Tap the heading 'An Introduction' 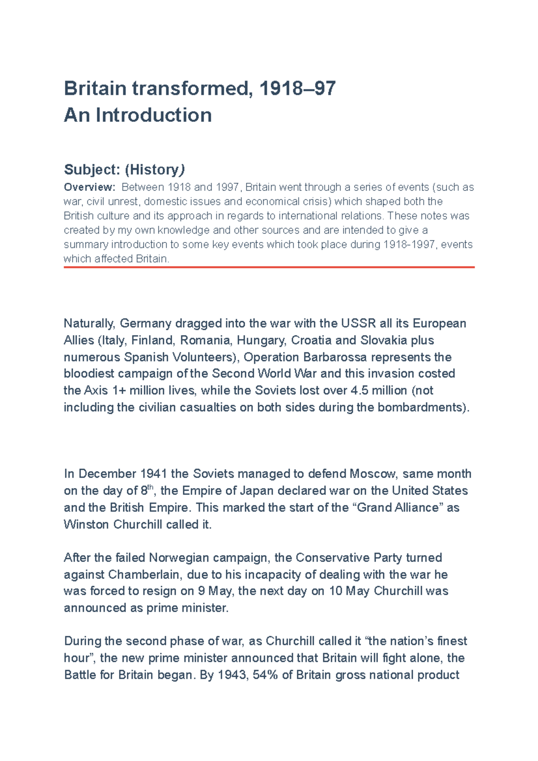(138, 115)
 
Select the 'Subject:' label (92, 169)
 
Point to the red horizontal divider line (269, 267)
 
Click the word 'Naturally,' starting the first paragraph (90, 324)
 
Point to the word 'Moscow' (373, 474)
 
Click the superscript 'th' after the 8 (151, 487)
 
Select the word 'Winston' (87, 524)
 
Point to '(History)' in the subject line (155, 169)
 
